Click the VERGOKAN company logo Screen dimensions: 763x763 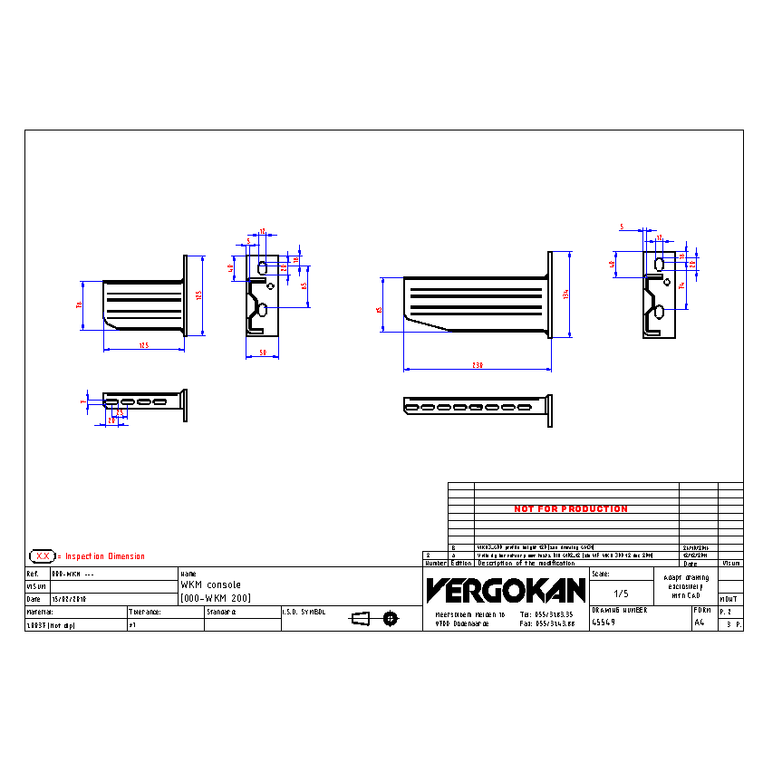(x=506, y=591)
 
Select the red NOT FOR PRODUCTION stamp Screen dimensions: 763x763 (x=571, y=509)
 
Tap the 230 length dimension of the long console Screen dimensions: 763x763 (x=478, y=365)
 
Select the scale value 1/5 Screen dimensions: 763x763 (x=621, y=594)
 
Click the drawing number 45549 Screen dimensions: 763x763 (x=605, y=623)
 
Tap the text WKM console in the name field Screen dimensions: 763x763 (x=210, y=585)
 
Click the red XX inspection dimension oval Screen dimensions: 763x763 (x=42, y=555)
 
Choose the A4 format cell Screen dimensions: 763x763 (x=699, y=623)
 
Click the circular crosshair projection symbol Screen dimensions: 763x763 (x=390, y=619)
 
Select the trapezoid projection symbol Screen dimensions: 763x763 (x=361, y=619)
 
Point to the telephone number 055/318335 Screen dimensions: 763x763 (x=547, y=614)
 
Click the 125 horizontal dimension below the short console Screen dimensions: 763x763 (x=143, y=345)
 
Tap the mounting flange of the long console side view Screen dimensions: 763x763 (x=550, y=295)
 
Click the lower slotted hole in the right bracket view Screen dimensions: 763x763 (x=660, y=313)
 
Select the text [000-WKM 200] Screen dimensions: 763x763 (x=216, y=599)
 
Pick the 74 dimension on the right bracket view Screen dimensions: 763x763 (x=681, y=285)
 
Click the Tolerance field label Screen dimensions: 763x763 (x=145, y=613)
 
